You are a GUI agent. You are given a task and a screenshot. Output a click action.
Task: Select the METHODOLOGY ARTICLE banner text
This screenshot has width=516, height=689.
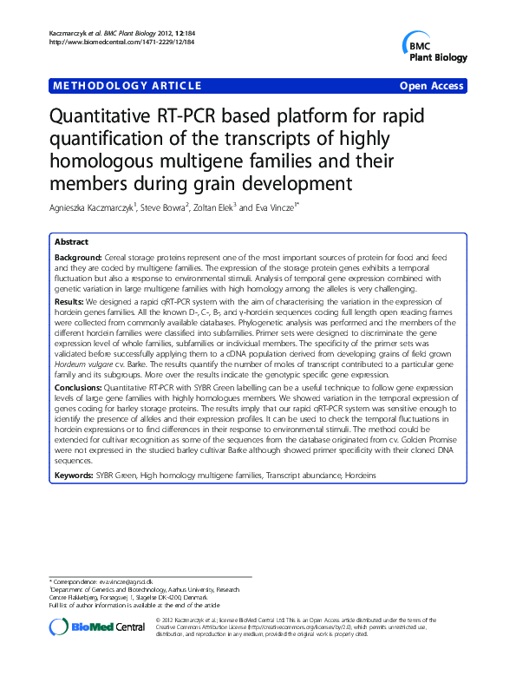pos(127,86)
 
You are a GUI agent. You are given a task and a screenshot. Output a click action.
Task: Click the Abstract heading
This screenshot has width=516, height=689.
pos(71,242)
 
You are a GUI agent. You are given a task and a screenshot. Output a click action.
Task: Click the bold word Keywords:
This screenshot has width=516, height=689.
pos(75,476)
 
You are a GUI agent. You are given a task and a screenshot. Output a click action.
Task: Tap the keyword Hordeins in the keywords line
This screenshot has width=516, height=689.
pos(361,476)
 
